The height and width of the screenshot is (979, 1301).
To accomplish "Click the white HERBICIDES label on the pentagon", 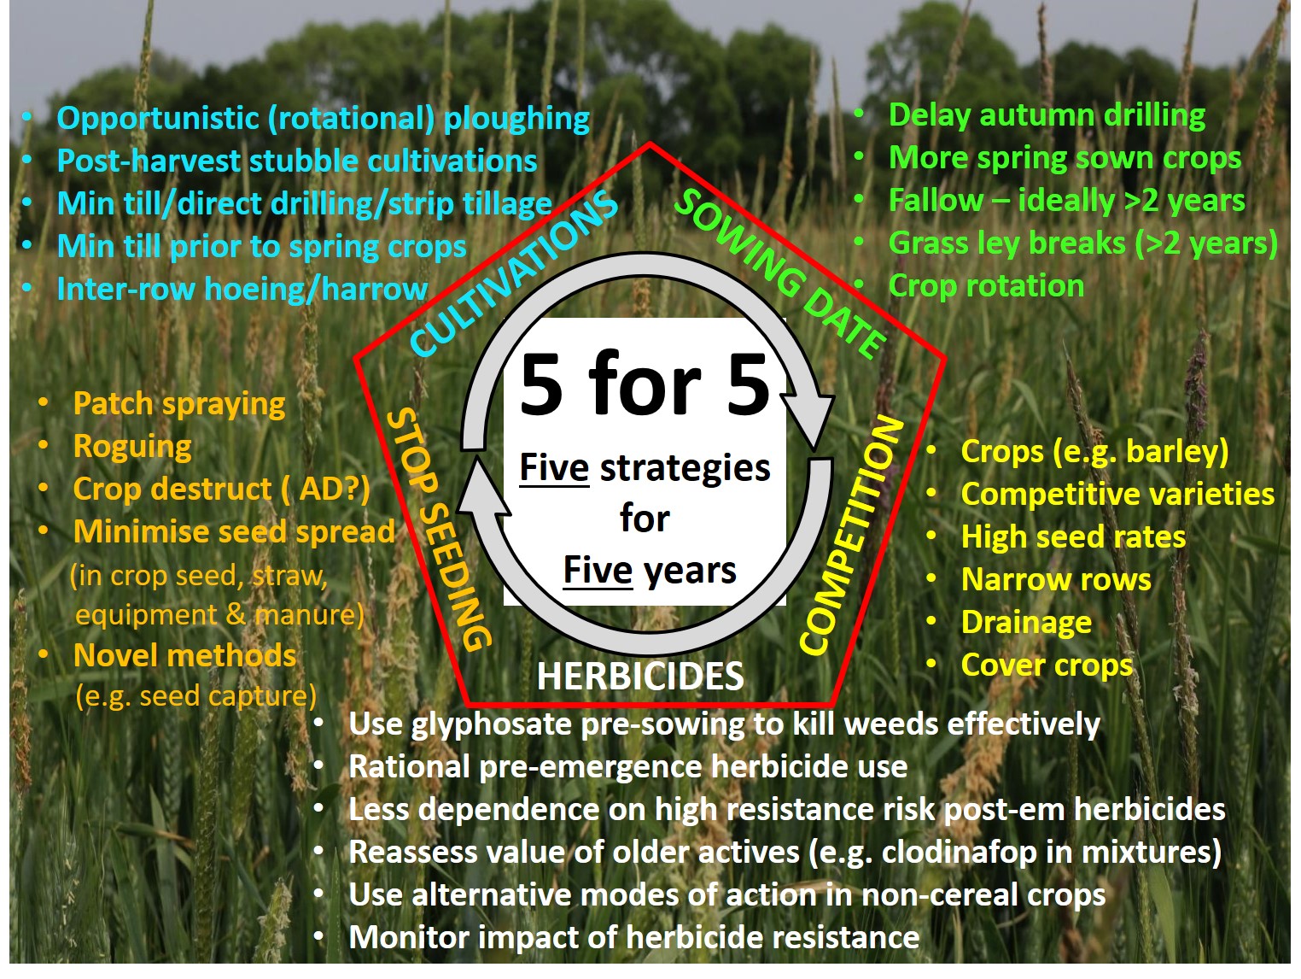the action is (x=640, y=676).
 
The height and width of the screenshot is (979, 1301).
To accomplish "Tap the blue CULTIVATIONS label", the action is (x=513, y=273).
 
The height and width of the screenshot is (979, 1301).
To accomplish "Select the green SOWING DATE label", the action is (x=780, y=273).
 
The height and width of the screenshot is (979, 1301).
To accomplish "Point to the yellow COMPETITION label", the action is (x=851, y=536).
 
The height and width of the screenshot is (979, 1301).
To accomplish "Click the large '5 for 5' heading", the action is (x=645, y=384).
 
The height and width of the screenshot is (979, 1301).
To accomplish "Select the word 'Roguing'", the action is (x=132, y=447).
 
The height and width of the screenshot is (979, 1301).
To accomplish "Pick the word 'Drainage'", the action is (x=1026, y=622).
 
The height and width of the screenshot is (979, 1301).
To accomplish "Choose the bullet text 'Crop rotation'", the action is (x=986, y=286).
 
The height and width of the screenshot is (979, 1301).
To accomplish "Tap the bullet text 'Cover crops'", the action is (x=1046, y=665).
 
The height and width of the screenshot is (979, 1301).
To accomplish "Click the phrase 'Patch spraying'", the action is (x=179, y=404).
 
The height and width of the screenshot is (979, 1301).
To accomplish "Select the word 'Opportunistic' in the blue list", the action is (x=158, y=118).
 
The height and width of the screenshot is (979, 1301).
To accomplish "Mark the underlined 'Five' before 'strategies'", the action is (x=554, y=468).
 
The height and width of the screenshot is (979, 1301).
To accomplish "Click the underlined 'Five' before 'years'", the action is (x=598, y=571).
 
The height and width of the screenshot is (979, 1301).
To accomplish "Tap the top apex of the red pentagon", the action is (x=650, y=144).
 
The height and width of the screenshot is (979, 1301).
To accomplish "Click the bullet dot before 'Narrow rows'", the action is (x=931, y=578).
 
